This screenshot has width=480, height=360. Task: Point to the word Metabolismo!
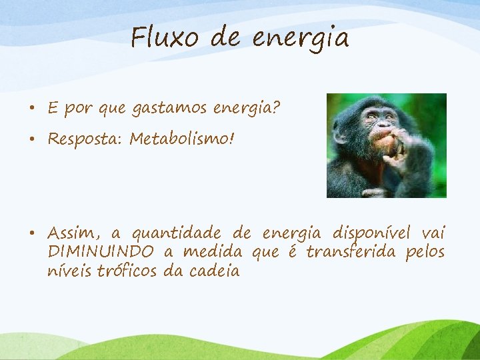click(182, 139)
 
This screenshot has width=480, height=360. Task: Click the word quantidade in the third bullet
click(176, 233)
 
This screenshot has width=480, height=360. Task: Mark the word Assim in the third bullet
click(73, 233)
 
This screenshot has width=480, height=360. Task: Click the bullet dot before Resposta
click(32, 139)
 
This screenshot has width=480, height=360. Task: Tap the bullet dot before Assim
click(32, 233)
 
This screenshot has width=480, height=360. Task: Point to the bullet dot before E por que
click(32, 107)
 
